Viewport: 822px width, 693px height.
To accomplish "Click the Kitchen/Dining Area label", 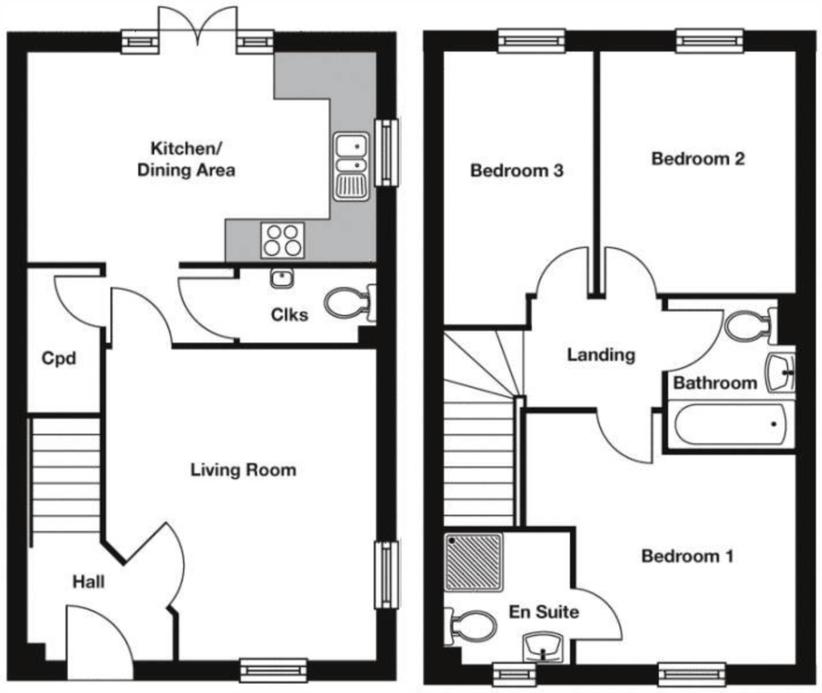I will click(186, 159).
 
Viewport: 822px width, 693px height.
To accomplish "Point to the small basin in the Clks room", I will click(282, 278).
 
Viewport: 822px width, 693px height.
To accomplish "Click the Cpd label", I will click(59, 358).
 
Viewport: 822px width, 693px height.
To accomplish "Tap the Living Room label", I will click(243, 470).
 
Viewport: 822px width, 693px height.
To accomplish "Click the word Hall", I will click(88, 582).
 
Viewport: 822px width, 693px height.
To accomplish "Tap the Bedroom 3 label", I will click(517, 170).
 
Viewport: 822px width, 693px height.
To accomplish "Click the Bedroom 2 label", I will click(698, 159).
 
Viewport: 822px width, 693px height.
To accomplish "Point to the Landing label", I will click(601, 355).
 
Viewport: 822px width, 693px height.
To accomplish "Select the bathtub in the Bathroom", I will click(730, 424).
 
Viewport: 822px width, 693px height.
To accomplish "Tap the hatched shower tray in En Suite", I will click(474, 562).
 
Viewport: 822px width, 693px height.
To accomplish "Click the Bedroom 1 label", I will click(687, 556).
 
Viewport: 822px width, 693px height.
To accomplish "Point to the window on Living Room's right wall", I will click(387, 574).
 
